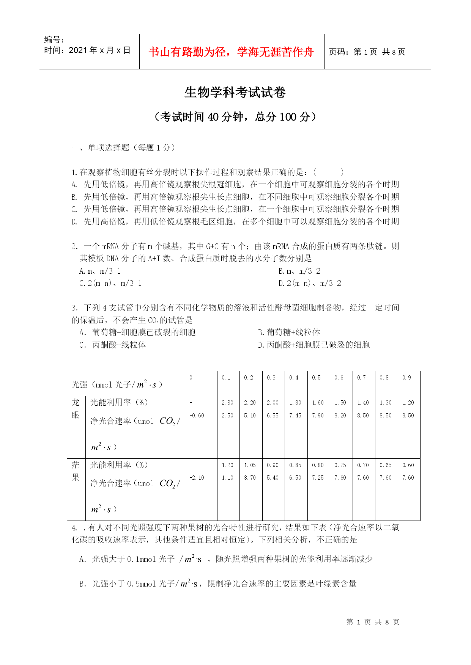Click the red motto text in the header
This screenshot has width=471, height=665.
[231, 52]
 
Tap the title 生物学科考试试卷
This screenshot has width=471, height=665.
[235, 92]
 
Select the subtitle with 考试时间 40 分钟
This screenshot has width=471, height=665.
[235, 117]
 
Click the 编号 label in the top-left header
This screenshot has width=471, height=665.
[54, 40]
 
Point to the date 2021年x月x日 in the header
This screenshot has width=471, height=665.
[87, 50]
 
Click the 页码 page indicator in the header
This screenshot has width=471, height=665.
[367, 52]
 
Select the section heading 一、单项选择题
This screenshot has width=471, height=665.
[123, 147]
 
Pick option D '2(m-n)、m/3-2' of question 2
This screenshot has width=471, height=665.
[310, 283]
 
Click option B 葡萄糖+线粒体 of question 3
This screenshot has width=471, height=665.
[289, 332]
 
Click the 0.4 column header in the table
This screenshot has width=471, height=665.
[294, 378]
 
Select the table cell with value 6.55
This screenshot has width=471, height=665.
[273, 416]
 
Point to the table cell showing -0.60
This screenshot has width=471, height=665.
[197, 416]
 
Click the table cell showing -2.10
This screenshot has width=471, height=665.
[197, 478]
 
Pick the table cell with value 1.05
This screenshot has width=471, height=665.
[250, 465]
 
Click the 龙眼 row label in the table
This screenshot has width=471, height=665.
[76, 409]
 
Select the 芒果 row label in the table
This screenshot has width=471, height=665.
[76, 471]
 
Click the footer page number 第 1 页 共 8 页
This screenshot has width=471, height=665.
[373, 622]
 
